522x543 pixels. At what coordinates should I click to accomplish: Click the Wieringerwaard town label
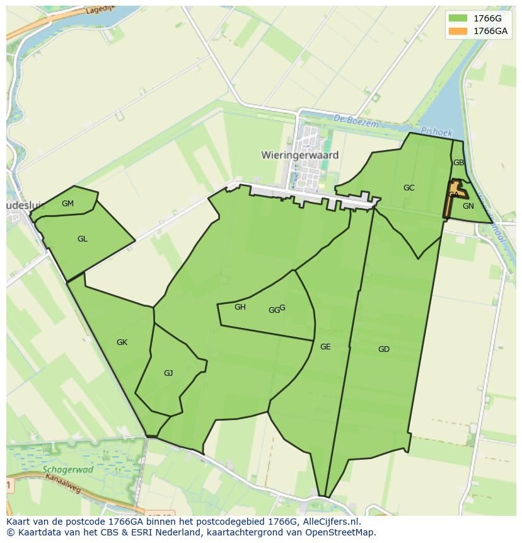click(x=299, y=155)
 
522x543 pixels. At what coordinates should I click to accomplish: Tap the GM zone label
click(x=67, y=203)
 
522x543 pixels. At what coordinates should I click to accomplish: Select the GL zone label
click(x=82, y=239)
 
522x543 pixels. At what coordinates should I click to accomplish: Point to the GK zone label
click(x=122, y=342)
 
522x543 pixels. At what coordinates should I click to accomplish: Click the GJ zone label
click(x=168, y=373)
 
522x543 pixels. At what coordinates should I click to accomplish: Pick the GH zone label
click(x=240, y=307)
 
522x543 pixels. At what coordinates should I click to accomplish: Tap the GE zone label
click(x=325, y=347)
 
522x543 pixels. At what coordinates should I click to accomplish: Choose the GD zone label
click(x=383, y=349)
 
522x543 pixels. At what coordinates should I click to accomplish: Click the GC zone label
click(x=409, y=188)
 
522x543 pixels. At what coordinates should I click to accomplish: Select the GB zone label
click(x=458, y=163)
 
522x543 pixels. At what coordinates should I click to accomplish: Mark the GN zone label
click(x=468, y=206)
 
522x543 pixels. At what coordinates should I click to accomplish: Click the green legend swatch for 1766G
click(x=458, y=18)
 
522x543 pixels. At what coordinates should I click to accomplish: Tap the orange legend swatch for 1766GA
click(x=458, y=31)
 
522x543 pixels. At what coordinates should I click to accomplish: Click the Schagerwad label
click(x=68, y=470)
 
